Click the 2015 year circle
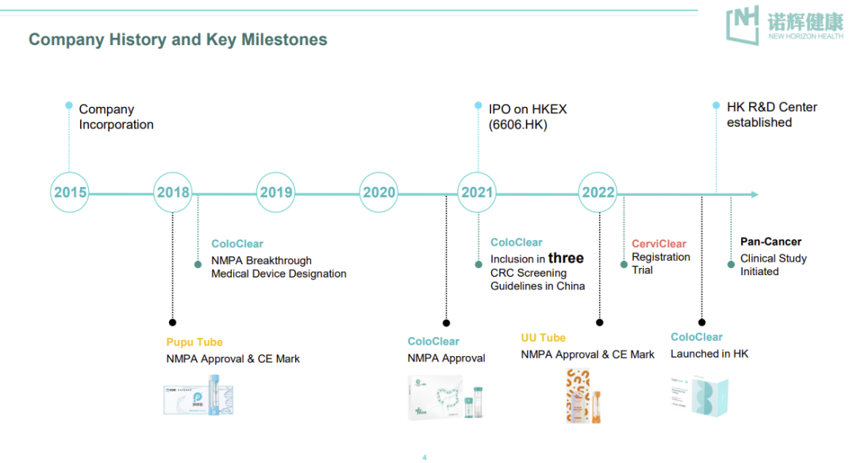tap(70, 193)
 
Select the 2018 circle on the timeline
tap(173, 193)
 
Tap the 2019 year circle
tap(276, 193)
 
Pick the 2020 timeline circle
tap(379, 193)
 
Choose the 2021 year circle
tap(477, 193)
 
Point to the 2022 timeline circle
tap(598, 193)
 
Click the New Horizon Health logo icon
tap(743, 25)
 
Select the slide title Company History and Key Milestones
tap(178, 39)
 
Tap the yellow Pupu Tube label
tap(194, 342)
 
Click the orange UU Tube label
tap(544, 338)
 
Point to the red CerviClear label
tap(659, 243)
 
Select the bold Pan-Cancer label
tap(771, 242)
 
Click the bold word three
tap(566, 258)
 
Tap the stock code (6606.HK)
tap(518, 124)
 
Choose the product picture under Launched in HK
tap(698, 394)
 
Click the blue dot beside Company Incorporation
tap(69, 105)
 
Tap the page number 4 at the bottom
tap(425, 457)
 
